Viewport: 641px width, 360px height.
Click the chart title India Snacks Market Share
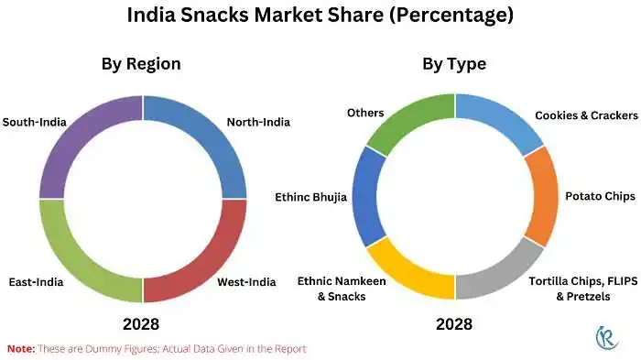click(x=320, y=16)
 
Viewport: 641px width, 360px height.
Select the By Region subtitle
click(x=140, y=64)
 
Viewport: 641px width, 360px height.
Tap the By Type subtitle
click(x=454, y=64)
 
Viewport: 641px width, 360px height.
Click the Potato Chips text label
click(x=596, y=196)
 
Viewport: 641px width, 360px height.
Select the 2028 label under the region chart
click(x=141, y=324)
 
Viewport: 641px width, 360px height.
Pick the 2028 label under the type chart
click(x=454, y=324)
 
